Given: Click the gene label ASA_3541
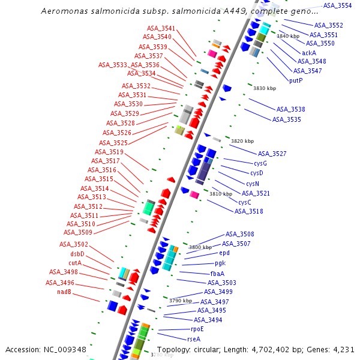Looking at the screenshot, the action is [x=161, y=29].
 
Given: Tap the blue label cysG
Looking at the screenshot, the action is [x=260, y=164].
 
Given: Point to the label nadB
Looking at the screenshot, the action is [x=64, y=292].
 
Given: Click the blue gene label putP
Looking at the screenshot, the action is [x=296, y=80].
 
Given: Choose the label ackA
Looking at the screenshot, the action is [x=309, y=53].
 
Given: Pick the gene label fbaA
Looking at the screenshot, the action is [x=217, y=273].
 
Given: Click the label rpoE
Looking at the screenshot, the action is [x=197, y=329].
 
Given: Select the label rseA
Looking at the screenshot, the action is [x=194, y=339].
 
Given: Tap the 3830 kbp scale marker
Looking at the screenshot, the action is [x=265, y=88].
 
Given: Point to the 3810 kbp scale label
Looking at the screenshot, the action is [x=220, y=194].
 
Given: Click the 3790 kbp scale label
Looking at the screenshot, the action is [x=181, y=301].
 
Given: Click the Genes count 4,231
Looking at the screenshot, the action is [x=342, y=350].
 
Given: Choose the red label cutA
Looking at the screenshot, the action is [x=75, y=263].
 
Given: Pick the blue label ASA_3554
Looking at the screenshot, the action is [x=337, y=5].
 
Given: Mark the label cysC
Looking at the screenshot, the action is [x=245, y=202].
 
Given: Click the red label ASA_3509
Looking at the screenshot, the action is [x=78, y=232].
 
